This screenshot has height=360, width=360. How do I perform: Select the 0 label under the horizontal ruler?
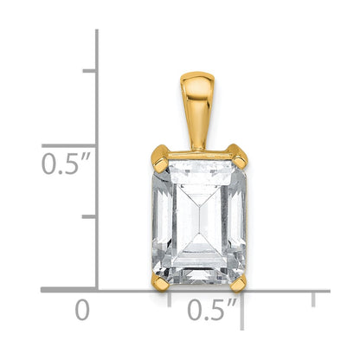tap(82, 309)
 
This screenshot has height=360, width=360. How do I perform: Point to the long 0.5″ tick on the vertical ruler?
tap(69, 144)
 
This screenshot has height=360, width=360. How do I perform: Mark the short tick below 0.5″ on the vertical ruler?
tap(88, 216)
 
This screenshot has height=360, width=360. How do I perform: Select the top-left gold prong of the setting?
tap(160, 157)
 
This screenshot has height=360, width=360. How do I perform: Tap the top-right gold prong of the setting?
tap(240, 157)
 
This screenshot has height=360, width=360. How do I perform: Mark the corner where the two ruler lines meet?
tap(96, 291)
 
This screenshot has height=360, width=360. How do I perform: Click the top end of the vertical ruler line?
tap(96, 31)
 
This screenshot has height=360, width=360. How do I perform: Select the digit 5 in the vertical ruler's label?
tap(68, 164)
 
